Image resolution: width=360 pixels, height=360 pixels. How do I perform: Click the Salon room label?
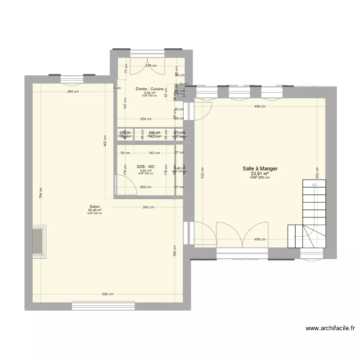coord(95,206)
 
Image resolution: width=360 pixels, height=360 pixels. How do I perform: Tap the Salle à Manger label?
coord(260,169)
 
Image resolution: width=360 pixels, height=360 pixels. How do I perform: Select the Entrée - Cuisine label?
coord(149,89)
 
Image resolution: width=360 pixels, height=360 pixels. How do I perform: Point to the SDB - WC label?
coord(145,167)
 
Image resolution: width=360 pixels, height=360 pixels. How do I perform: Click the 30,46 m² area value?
coord(95,210)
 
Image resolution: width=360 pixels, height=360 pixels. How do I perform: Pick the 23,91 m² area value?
coord(260,174)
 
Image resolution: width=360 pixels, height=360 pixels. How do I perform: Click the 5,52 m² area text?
coord(149,93)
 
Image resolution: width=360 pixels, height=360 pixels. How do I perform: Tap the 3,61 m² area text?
coord(145,170)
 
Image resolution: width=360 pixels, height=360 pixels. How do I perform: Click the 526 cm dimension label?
coord(108,294)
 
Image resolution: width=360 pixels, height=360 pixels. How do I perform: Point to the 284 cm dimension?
coord(73,92)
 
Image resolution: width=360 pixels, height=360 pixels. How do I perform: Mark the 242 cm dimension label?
coord(148,207)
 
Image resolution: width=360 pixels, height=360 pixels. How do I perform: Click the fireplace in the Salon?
coord(40,241)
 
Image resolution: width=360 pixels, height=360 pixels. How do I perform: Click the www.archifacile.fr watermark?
coord(330,329)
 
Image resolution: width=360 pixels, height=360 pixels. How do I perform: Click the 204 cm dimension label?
coord(145,119)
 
